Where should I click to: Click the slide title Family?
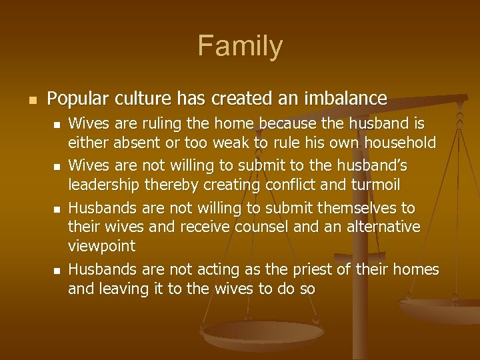240,46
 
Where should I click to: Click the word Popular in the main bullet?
74,99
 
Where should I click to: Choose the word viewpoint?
101,245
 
